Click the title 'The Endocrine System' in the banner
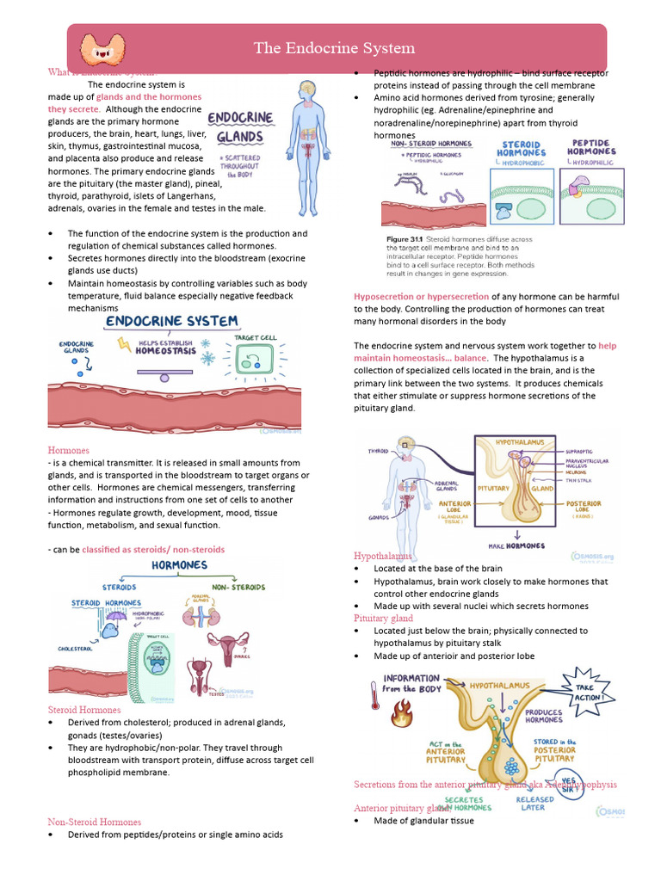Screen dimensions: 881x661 tap(334, 48)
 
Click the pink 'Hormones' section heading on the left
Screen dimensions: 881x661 tap(68, 450)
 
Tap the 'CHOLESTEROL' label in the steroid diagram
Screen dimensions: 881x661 tap(75, 648)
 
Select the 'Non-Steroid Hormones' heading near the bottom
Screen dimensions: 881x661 tap(94, 822)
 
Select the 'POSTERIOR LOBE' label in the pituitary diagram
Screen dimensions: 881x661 tap(584, 508)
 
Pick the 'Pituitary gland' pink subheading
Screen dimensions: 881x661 tap(383, 618)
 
